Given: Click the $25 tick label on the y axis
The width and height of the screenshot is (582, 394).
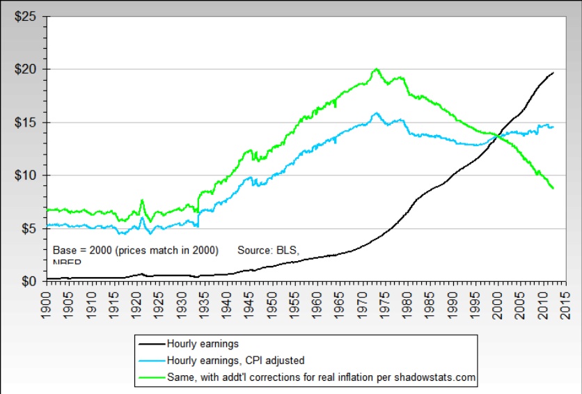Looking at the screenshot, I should (x=26, y=16).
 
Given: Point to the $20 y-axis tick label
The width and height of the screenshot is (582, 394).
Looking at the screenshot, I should (x=26, y=69).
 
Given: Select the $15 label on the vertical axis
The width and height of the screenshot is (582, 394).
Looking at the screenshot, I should (x=26, y=122).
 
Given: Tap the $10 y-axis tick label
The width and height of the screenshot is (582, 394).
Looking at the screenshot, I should (x=26, y=175).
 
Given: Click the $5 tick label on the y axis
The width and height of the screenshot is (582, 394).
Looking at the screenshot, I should (x=29, y=228).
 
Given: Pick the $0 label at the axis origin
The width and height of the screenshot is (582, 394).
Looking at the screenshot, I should (x=29, y=281).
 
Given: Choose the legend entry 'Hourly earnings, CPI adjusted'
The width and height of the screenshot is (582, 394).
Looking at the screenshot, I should (x=235, y=361).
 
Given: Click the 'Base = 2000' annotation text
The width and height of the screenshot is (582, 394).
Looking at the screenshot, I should (x=136, y=249).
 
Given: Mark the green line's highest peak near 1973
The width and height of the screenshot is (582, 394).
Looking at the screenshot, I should (x=377, y=69).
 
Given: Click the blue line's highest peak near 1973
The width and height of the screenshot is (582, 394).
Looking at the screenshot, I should (x=377, y=113).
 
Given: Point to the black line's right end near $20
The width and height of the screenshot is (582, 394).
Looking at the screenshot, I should (x=553, y=72).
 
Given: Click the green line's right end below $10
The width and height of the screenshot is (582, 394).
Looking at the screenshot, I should (x=553, y=188).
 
